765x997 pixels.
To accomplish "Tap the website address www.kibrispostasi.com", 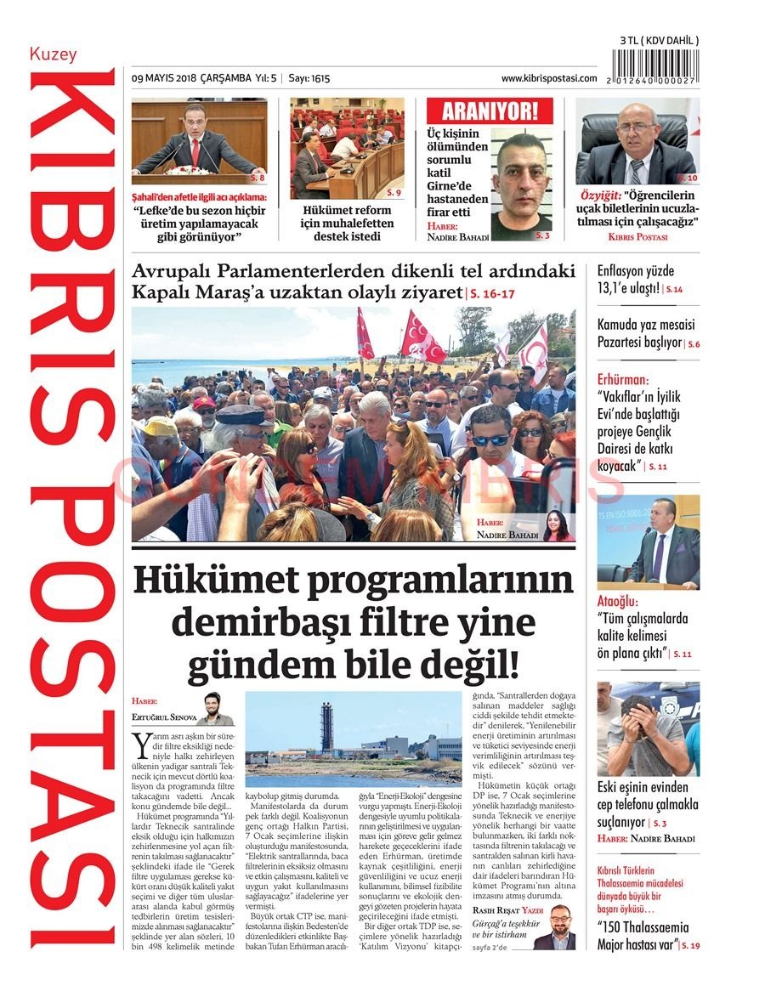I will tap(549, 78).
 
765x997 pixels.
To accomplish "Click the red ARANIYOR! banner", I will tap(490, 110).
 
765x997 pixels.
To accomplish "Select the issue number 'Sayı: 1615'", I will tap(309, 78).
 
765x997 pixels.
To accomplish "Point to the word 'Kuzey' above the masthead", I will tap(53, 54).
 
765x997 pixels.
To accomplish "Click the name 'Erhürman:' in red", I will tap(622, 379).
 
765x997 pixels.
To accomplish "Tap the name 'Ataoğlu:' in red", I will tap(618, 602).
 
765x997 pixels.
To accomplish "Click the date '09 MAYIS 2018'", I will tap(164, 78).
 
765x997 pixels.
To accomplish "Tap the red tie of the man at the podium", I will tap(195, 153).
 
